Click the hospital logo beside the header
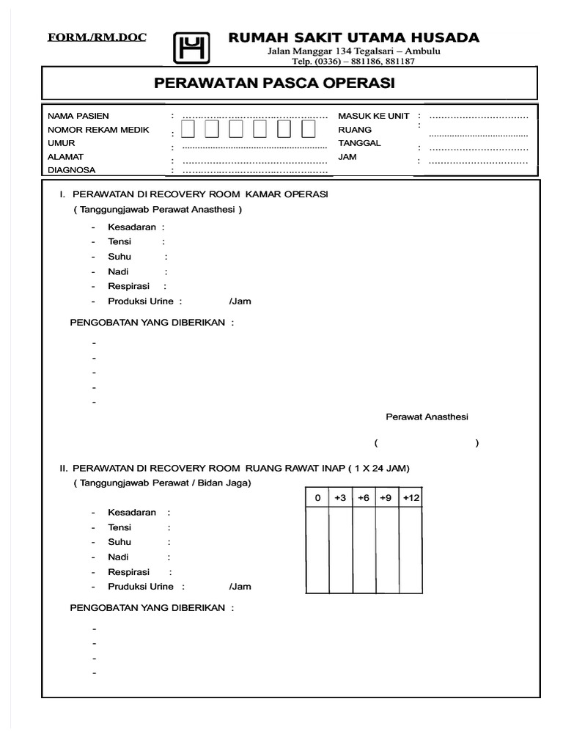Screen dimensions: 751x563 coord(191,48)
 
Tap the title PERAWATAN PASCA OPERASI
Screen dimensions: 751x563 coord(274,84)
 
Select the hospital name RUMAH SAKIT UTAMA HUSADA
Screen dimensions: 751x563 coord(354,37)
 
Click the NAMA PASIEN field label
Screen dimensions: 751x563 coord(78,116)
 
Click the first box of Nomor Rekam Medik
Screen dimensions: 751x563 coord(188,130)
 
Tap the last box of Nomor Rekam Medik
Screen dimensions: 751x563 coord(309,130)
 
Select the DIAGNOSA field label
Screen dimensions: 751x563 coord(72,170)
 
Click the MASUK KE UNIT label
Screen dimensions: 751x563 coord(373,116)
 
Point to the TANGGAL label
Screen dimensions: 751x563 coord(359,143)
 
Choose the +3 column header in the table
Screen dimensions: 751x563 coord(340,498)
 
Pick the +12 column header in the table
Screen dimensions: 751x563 coord(411,498)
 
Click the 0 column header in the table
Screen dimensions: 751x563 coord(317,498)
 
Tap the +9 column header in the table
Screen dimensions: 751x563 coord(387,498)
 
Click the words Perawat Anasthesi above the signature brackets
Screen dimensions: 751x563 coord(427,417)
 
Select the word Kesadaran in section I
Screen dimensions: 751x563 coord(132,227)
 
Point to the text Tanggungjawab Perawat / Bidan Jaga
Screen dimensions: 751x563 coord(162,483)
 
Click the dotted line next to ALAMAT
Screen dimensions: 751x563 coord(254,161)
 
